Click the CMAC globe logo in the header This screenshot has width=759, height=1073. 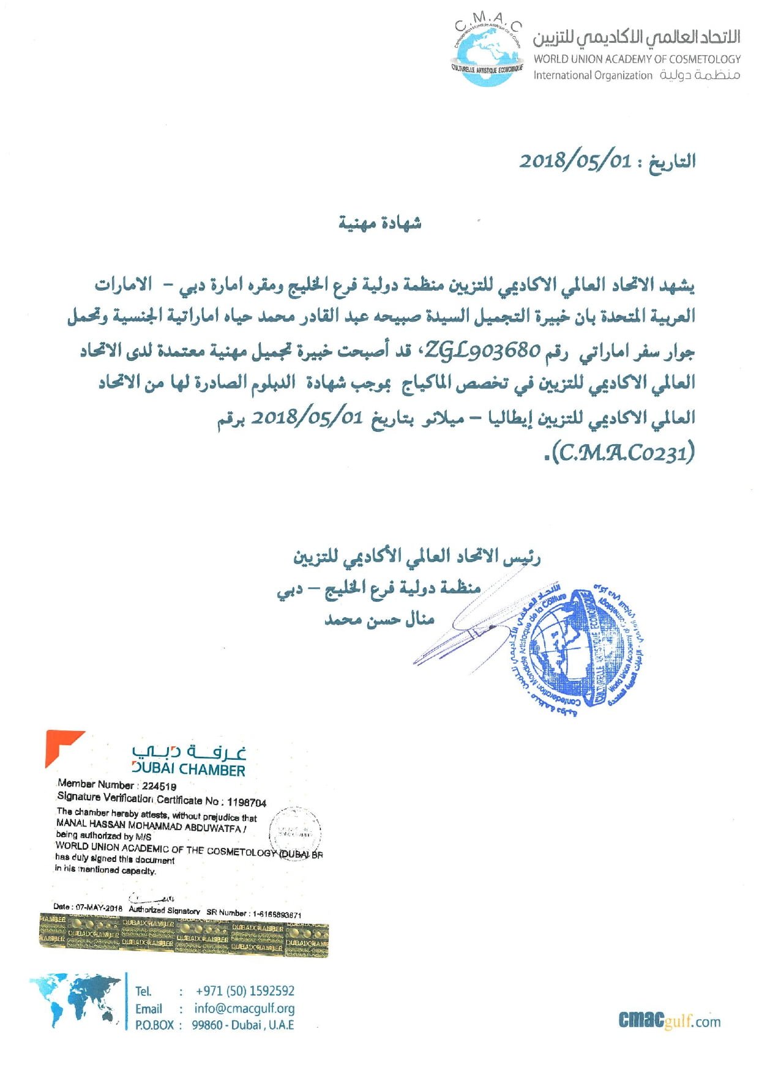point(487,52)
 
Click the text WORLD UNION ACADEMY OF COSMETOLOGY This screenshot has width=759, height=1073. point(637,59)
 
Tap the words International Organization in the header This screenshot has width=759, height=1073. point(593,75)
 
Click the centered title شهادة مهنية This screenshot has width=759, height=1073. point(379,223)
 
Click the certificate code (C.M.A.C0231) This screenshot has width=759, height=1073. point(623,453)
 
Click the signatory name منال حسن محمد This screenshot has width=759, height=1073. point(379,620)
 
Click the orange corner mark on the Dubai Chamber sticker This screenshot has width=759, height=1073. point(61,745)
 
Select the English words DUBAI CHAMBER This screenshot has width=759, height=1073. point(189,770)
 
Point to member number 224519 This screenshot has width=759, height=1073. point(159,786)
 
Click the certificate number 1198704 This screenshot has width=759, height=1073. point(247,802)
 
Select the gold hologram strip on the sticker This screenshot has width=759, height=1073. point(184,934)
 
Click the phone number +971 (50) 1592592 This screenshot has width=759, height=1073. point(245,991)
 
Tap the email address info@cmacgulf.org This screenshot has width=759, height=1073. point(244,1008)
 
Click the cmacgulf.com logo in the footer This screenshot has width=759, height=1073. point(669,1020)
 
